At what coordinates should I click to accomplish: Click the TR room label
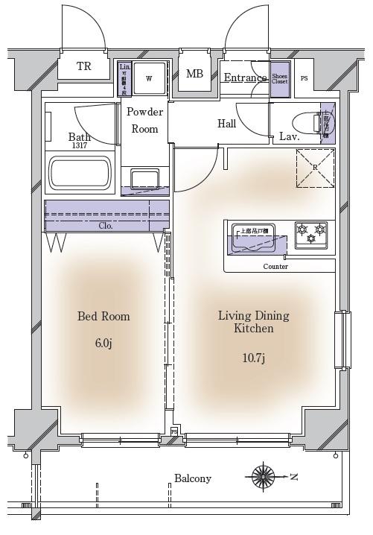[84, 67]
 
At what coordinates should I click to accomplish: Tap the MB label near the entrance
[194, 74]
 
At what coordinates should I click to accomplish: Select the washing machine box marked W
[149, 78]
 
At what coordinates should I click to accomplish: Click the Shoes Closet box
[279, 79]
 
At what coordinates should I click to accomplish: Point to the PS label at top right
[304, 78]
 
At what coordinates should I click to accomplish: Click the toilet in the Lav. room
[307, 121]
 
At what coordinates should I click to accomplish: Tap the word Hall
[227, 124]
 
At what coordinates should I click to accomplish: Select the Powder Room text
[144, 120]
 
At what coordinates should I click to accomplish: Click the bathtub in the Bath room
[80, 173]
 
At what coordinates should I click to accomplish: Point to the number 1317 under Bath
[80, 146]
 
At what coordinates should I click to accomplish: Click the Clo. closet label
[106, 225]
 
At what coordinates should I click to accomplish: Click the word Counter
[275, 266]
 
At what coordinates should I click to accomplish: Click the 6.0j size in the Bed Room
[103, 343]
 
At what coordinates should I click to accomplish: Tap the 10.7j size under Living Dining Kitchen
[253, 359]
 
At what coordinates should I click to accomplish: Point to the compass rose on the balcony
[264, 475]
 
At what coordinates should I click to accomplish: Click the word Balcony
[193, 478]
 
